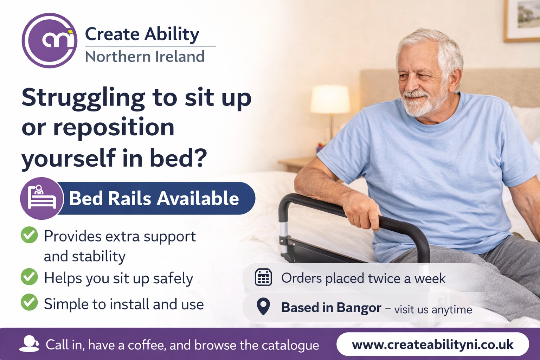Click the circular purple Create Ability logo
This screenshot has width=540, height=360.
tap(50, 40)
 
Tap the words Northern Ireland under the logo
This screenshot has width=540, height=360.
tap(145, 56)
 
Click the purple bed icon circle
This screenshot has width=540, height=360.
tap(42, 198)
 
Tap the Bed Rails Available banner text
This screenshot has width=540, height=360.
tap(154, 198)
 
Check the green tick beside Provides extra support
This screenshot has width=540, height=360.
tap(29, 235)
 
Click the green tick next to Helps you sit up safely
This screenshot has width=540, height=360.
tap(29, 277)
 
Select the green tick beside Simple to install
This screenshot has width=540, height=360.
tap(29, 302)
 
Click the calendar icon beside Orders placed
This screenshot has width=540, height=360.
tap(263, 277)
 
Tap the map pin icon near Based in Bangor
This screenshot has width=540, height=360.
tap(263, 306)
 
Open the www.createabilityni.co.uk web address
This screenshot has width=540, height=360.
tap(432, 345)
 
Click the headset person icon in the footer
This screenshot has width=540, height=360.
tap(29, 344)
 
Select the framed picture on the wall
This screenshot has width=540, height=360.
tap(522, 20)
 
